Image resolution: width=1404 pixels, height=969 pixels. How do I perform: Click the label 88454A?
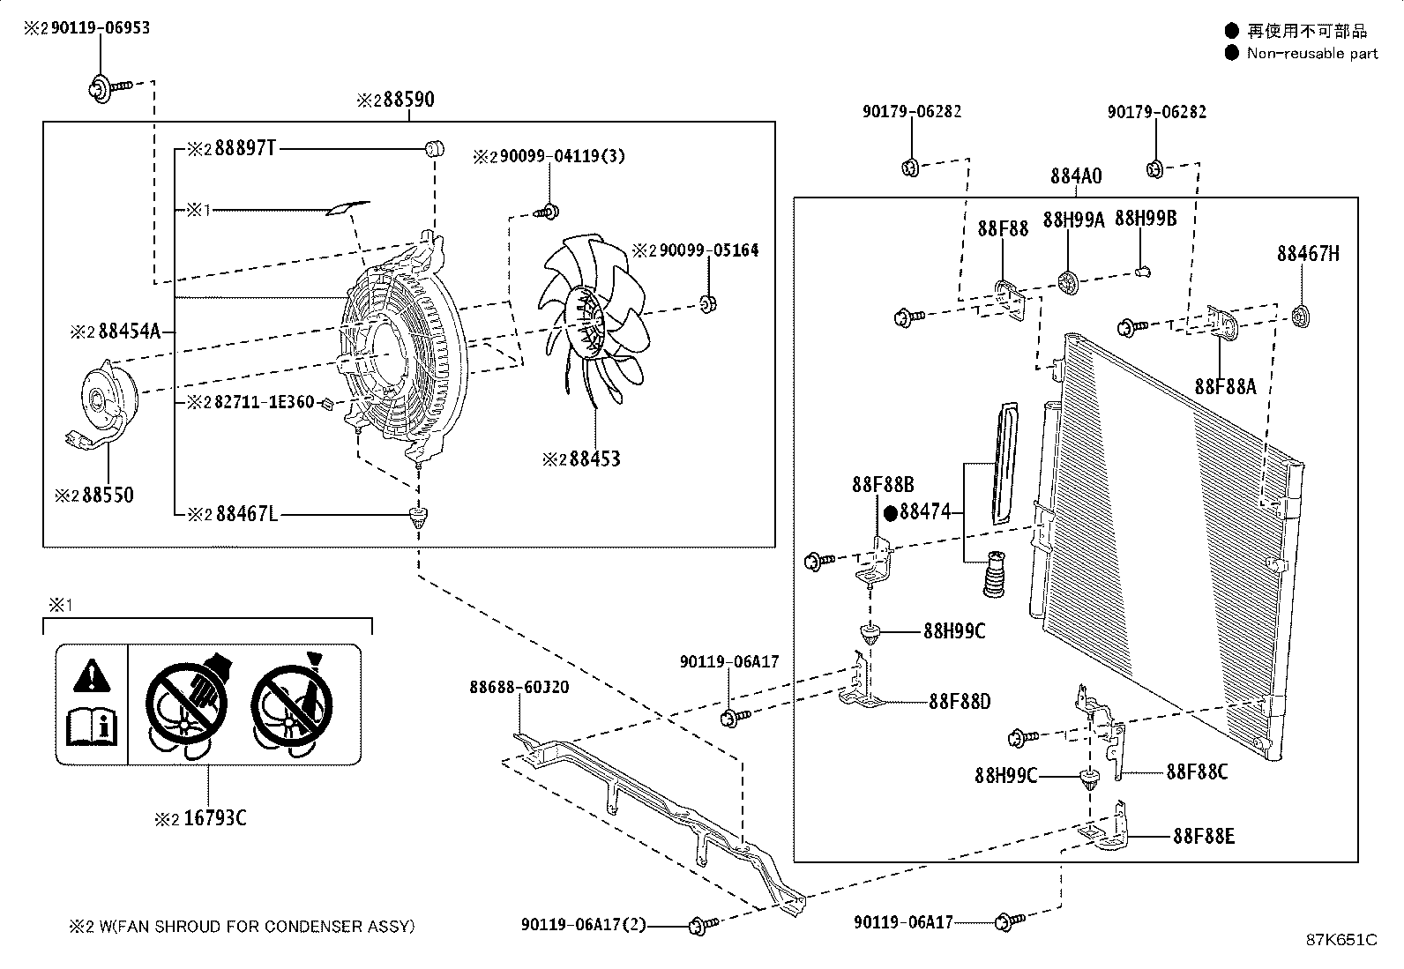click(x=128, y=332)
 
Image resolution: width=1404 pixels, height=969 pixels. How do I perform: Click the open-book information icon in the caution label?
click(x=92, y=726)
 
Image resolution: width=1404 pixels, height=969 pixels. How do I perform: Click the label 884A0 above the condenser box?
click(x=1075, y=176)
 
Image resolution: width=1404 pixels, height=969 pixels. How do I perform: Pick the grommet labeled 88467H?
click(x=1300, y=316)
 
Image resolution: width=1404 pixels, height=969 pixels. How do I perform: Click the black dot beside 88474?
click(x=890, y=511)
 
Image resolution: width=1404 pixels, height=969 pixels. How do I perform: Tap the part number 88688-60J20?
click(x=519, y=687)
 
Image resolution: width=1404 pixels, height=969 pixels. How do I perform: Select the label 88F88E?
click(x=1204, y=836)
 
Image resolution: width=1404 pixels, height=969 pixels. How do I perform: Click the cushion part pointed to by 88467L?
click(x=417, y=514)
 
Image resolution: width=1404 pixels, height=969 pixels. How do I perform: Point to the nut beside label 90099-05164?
click(x=706, y=304)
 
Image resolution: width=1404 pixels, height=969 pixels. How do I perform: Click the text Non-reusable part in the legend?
click(x=1311, y=54)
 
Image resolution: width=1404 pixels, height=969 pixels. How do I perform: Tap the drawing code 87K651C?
click(x=1341, y=940)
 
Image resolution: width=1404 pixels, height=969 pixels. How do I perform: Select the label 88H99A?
click(x=1073, y=220)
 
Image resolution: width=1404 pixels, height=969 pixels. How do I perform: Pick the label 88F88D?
click(x=960, y=702)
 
